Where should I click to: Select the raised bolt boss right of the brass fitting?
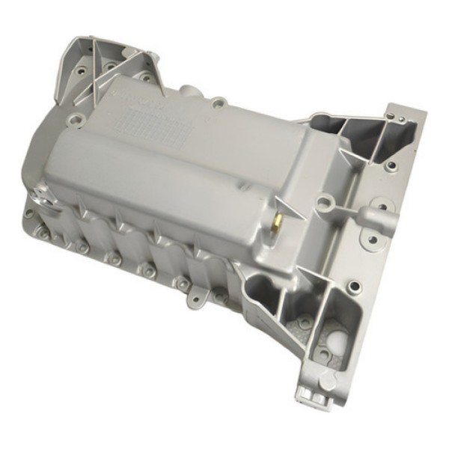click(x=324, y=201)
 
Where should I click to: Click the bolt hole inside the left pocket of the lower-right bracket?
click(x=305, y=323)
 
